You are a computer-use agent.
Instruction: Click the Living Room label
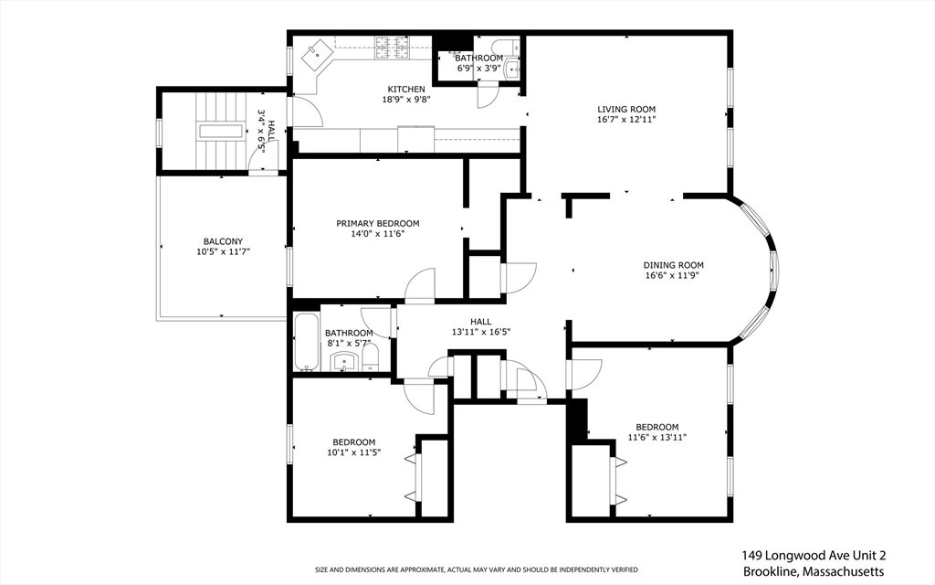(x=626, y=110)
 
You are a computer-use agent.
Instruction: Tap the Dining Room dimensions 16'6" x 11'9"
(x=673, y=276)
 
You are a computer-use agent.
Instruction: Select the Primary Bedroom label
(x=377, y=224)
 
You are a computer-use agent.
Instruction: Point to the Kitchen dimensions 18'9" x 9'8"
(x=406, y=100)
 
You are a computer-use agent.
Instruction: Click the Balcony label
(x=223, y=241)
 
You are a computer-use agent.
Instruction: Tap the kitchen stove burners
(x=392, y=48)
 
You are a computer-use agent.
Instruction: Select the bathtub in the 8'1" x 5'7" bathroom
(x=307, y=342)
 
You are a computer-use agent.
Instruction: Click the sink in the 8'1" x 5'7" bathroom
(x=344, y=360)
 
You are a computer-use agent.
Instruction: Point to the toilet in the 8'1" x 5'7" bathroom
(x=370, y=357)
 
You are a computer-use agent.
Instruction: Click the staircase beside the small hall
(x=221, y=132)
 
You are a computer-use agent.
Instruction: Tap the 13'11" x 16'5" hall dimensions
(x=481, y=332)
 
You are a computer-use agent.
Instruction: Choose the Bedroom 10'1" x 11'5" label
(x=353, y=442)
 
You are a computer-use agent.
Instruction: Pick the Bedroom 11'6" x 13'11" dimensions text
(x=657, y=437)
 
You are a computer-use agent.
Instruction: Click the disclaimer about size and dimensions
(x=476, y=569)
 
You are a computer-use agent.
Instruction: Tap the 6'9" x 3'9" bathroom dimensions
(x=478, y=68)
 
